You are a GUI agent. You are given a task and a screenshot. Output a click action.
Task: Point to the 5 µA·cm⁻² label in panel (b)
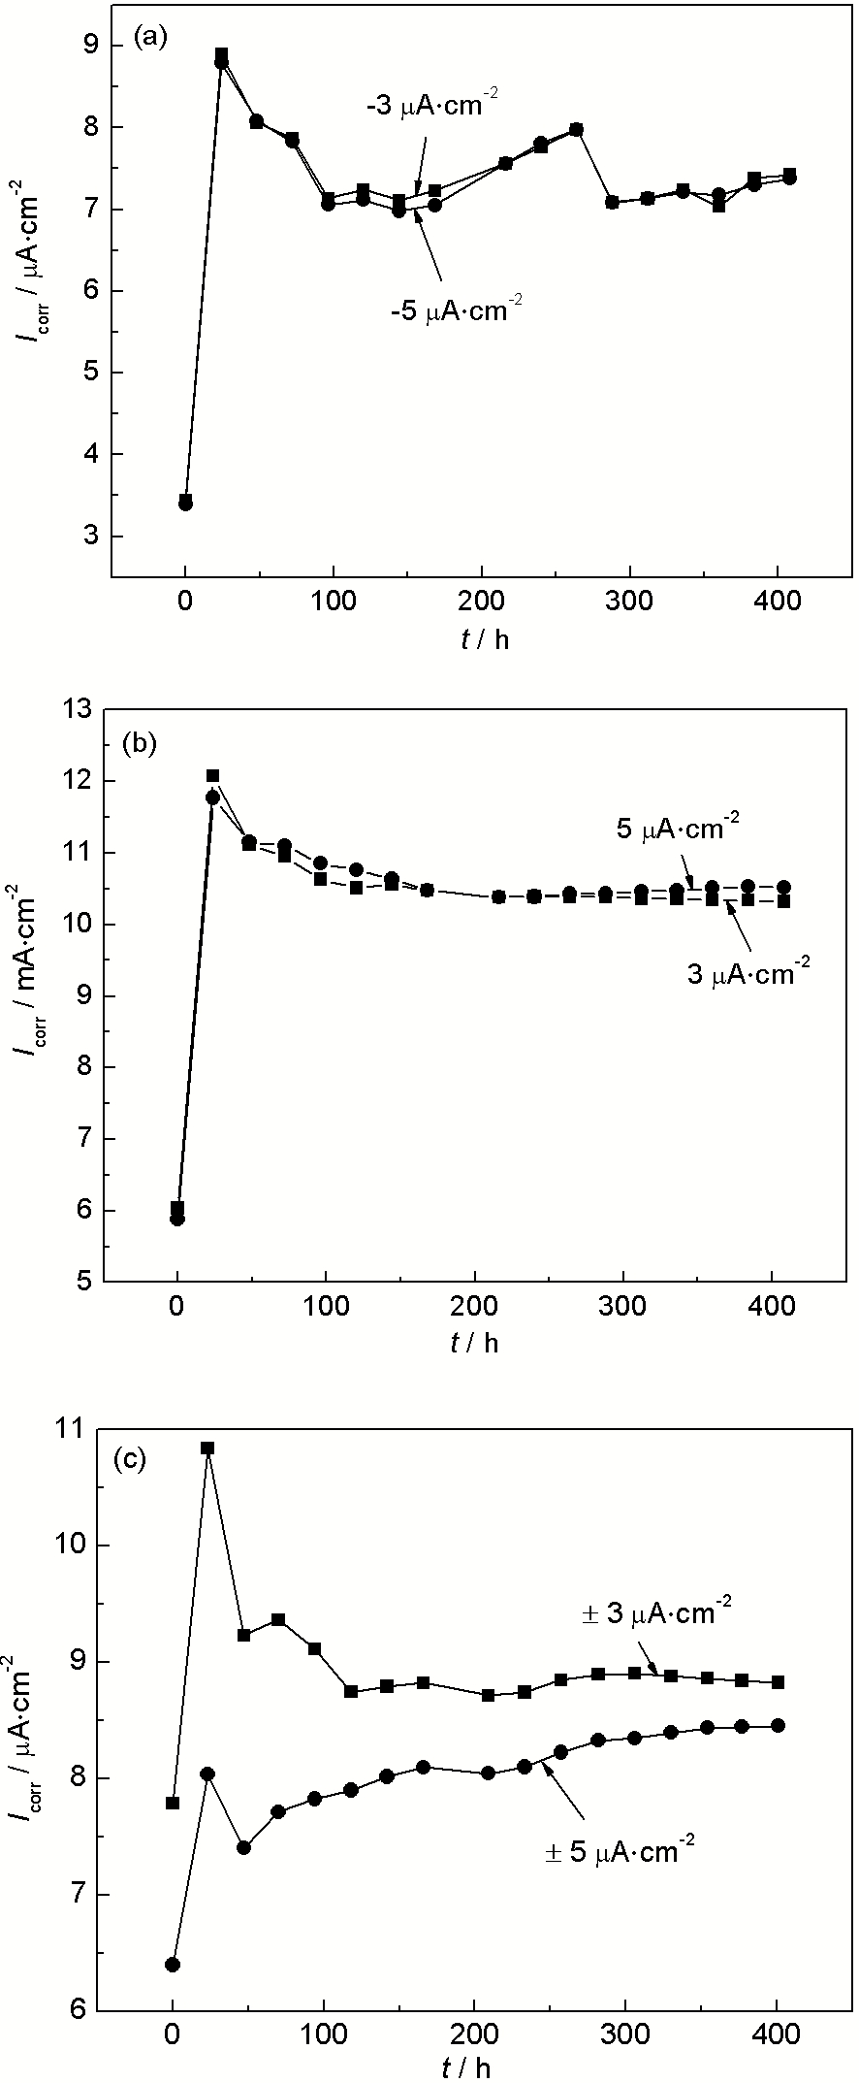678,830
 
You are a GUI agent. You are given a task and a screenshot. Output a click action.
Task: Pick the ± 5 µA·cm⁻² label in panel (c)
620,1851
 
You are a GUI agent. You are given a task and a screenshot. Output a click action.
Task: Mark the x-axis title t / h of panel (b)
475,1342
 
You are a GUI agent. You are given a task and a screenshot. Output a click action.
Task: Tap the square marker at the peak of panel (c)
207,1448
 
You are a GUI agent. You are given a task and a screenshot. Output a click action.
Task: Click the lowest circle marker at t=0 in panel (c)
173,1965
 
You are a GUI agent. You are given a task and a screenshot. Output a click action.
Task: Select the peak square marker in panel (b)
213,775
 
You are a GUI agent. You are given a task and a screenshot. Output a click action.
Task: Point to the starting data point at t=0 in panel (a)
185,502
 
